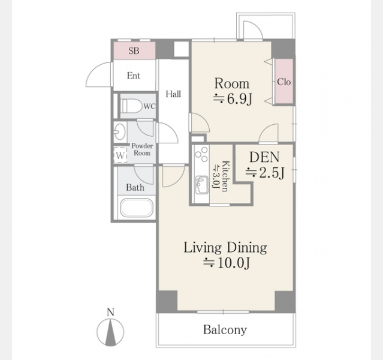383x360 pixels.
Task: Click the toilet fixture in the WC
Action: tap(132, 106)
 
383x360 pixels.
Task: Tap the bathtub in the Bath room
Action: tap(137, 208)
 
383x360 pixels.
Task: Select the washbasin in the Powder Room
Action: tap(120, 131)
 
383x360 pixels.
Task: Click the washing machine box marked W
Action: tap(120, 155)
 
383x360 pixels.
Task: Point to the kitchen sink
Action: tap(201, 185)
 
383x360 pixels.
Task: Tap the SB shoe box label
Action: tap(134, 51)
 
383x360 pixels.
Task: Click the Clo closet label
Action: tap(284, 82)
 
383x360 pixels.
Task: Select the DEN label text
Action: tap(264, 157)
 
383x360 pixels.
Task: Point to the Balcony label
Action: tap(225, 329)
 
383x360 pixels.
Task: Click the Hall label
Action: tap(173, 94)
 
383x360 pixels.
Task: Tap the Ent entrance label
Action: tap(134, 76)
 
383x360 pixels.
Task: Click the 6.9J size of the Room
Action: tap(239, 99)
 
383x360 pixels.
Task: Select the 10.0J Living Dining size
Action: tap(233, 263)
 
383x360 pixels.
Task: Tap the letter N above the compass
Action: tap(111, 313)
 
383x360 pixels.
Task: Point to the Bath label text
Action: tap(135, 188)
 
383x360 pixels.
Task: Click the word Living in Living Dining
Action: tap(203, 248)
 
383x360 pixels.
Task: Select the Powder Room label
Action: tap(142, 149)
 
